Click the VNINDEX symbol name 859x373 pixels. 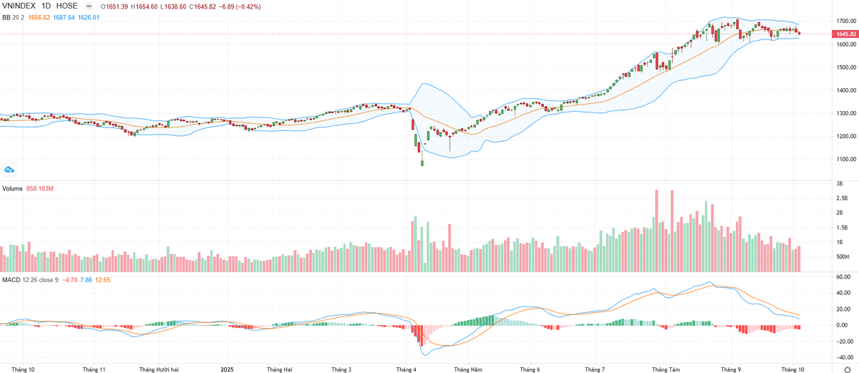pos(19,6)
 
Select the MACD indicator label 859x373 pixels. pos(11,278)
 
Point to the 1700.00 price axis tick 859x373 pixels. pos(845,21)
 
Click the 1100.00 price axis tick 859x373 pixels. pos(845,159)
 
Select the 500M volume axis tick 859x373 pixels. pos(843,256)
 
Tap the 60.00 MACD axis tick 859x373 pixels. pos(843,276)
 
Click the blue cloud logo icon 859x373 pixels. pos(10,170)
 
